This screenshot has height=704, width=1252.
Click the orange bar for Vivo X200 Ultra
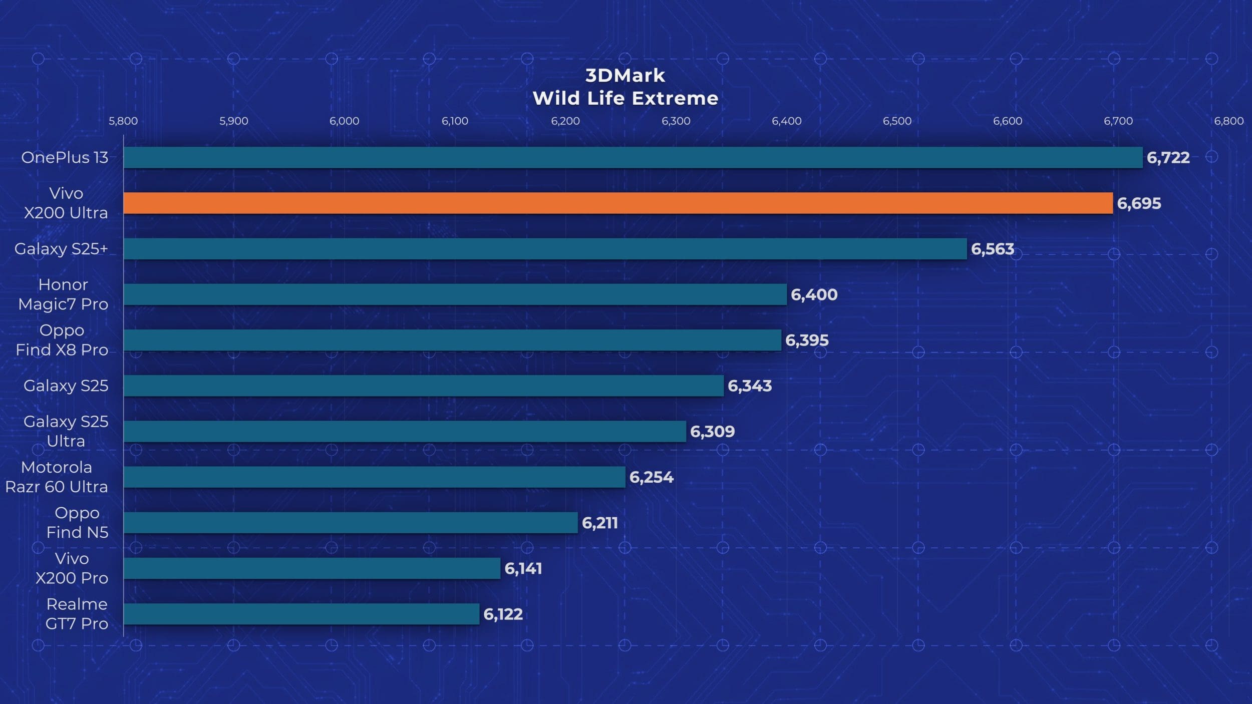coord(618,203)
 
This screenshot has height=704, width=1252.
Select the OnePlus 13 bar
coord(633,157)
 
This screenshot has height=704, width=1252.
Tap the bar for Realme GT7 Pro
coord(301,614)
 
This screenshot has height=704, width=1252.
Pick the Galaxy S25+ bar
coord(545,249)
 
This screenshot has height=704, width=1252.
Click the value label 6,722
coord(1168,158)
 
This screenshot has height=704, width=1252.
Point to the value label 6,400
coord(814,295)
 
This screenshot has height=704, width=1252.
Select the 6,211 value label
coord(599,523)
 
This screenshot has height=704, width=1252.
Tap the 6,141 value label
coord(523,569)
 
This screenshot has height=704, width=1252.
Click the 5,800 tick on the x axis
coord(123,121)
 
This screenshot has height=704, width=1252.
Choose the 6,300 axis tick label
coord(676,121)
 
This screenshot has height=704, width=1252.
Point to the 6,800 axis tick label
coord(1228,121)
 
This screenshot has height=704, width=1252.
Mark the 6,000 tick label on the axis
coord(345,121)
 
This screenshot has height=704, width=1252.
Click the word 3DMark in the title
coord(625,76)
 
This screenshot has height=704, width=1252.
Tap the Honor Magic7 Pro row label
coord(63,294)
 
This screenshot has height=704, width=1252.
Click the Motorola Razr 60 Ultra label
coord(57,477)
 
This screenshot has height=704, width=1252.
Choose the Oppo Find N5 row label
coord(77,522)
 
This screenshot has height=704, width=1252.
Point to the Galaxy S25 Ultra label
coord(66,431)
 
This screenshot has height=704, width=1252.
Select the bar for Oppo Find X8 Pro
coord(452,340)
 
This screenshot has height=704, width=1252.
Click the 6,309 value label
coord(712,432)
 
